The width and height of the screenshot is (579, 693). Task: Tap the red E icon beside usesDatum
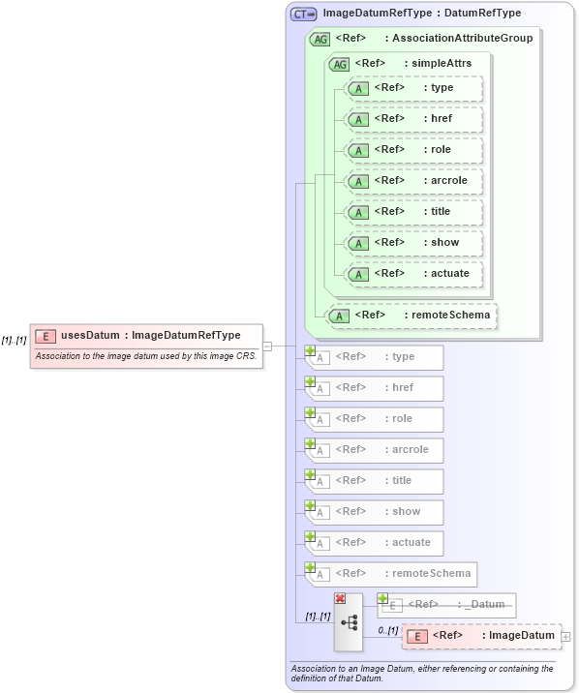[46, 336]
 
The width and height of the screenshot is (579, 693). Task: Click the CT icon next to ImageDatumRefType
[304, 15]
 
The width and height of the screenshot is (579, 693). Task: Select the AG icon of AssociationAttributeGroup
[320, 40]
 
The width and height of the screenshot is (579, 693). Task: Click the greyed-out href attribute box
[375, 388]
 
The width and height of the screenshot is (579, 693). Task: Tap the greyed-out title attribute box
[375, 481]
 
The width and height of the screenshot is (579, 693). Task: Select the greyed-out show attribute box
[375, 512]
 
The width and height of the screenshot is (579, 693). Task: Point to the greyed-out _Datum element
[448, 605]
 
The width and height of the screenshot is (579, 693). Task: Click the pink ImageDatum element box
[481, 636]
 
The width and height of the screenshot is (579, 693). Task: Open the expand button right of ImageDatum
[566, 637]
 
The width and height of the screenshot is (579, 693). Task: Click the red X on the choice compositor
[340, 599]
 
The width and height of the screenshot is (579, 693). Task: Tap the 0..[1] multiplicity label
[387, 630]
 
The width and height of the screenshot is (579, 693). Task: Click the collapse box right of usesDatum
[267, 346]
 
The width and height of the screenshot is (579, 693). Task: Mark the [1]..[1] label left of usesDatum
[14, 340]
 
